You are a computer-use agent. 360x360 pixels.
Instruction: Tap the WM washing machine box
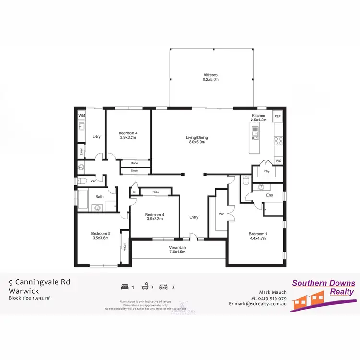[82, 116]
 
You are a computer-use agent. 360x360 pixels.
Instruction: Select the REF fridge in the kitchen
[277, 116]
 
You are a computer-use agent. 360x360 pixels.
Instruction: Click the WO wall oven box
[278, 160]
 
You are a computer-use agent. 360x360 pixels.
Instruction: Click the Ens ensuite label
[270, 195]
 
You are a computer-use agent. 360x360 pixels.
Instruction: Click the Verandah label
[177, 248]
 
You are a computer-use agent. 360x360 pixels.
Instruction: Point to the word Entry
[193, 217]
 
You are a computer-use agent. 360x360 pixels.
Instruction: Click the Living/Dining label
[197, 138]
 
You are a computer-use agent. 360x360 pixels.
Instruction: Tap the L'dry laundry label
[96, 137]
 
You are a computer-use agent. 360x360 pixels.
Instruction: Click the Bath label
[99, 196]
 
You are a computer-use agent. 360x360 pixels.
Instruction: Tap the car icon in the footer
[163, 287]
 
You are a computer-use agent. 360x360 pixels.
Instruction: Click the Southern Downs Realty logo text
[324, 287]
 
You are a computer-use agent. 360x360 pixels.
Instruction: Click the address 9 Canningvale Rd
[39, 282]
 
